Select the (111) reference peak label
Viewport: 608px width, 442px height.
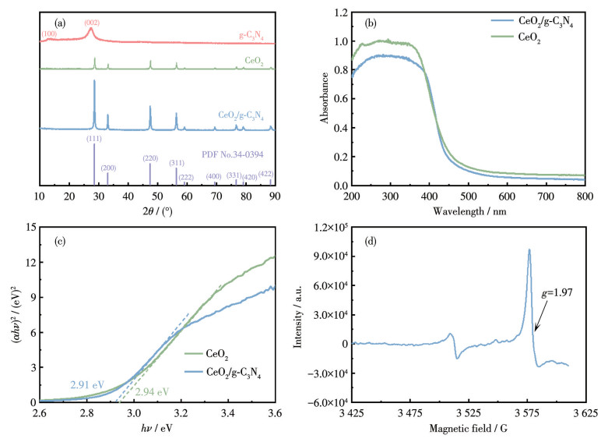(94, 138)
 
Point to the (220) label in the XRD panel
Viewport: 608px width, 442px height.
(151, 158)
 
